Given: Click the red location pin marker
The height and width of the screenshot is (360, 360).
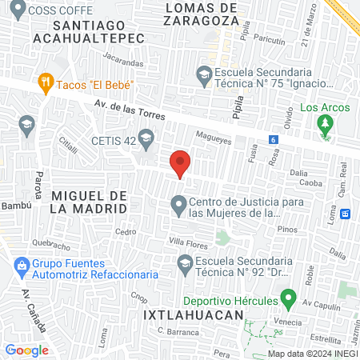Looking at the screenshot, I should [x=181, y=163].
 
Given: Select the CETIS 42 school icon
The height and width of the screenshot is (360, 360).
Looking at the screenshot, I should [x=146, y=141].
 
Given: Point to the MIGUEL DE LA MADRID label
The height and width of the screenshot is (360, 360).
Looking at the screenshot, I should [x=89, y=202].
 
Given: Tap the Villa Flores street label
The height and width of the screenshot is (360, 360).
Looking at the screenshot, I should [x=186, y=241].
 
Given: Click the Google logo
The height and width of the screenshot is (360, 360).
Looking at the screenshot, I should [x=27, y=350].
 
